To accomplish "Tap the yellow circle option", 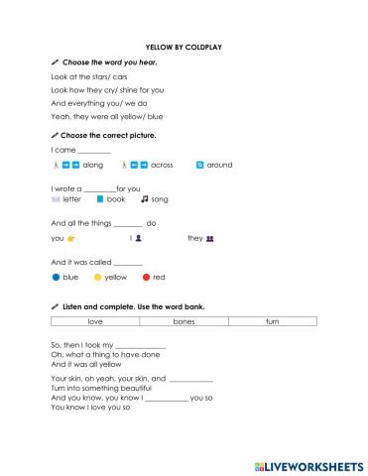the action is (97, 278).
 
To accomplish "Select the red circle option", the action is (146, 278).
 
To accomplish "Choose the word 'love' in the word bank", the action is (95, 322).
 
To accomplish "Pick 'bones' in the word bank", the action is (184, 322).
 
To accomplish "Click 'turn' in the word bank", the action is (272, 322).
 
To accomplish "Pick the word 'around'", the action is (219, 165).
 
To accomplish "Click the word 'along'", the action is (92, 165).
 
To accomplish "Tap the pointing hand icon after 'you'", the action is (71, 239).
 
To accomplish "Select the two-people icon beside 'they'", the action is (210, 239).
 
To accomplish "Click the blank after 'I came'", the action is (94, 150).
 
